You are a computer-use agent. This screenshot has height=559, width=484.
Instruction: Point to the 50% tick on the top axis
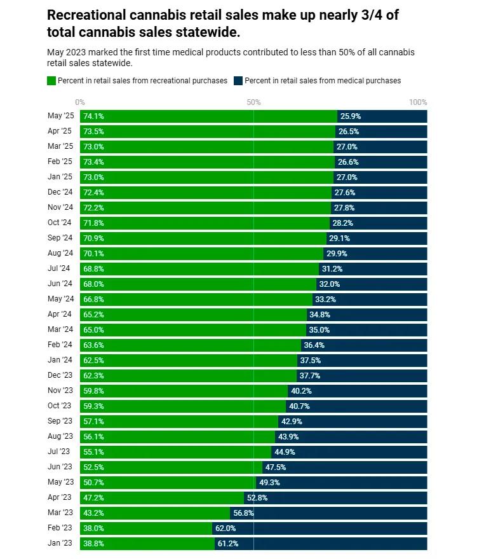point(253,102)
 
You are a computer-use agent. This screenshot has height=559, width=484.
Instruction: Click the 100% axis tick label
point(418,102)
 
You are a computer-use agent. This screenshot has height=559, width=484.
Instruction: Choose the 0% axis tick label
point(80,102)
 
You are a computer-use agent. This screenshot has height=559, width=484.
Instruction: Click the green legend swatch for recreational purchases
point(51,81)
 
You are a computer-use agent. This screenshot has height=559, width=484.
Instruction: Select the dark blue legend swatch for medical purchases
point(238,81)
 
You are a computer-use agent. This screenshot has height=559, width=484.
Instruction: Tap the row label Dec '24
point(60,192)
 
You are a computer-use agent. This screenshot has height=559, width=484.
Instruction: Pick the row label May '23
point(60,482)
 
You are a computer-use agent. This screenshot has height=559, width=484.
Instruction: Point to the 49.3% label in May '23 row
point(269,483)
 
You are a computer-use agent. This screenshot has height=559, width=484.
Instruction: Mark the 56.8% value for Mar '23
point(243,513)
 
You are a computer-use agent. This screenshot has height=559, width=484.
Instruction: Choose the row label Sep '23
point(60,421)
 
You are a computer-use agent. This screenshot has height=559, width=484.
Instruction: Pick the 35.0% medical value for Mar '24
point(319,330)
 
